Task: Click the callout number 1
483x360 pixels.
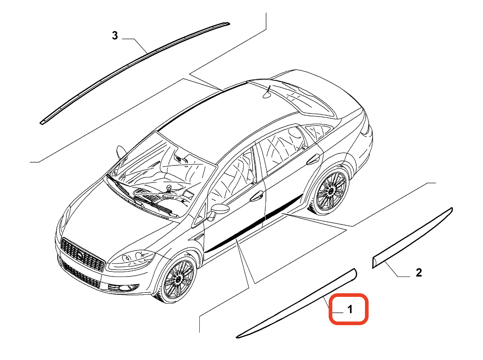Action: point(350,310)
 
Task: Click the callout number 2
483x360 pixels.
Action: point(418,273)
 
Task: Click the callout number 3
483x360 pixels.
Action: point(115,36)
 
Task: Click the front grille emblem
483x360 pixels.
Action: point(81,257)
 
